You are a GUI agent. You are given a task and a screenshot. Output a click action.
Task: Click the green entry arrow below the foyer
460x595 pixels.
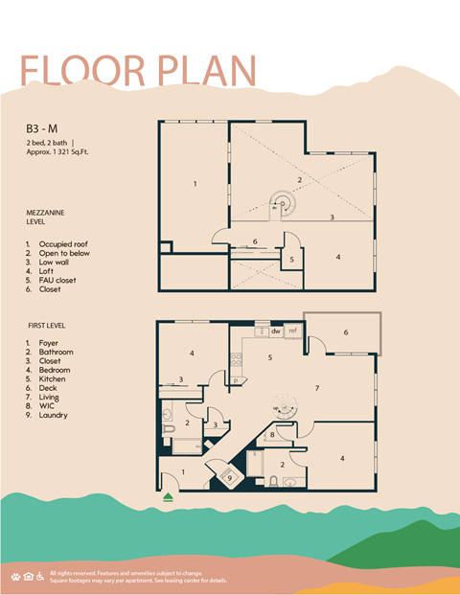(x=169, y=496)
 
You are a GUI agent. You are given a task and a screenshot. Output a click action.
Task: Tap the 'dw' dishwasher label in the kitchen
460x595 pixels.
(x=275, y=331)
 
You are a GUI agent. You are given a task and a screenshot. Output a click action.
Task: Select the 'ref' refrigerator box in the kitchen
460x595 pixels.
(x=293, y=331)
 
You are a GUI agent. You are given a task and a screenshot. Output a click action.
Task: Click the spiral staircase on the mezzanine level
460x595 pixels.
(x=283, y=202)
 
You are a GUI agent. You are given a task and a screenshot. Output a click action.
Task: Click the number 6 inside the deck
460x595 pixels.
(x=345, y=332)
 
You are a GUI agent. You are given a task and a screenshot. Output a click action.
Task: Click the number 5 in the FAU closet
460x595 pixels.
(x=291, y=259)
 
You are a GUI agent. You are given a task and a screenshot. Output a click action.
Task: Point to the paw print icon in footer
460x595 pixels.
(x=15, y=576)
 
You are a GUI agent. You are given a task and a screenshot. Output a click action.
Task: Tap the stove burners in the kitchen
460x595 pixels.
(x=235, y=361)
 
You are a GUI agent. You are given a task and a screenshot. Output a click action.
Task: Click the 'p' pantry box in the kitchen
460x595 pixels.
(x=236, y=380)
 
